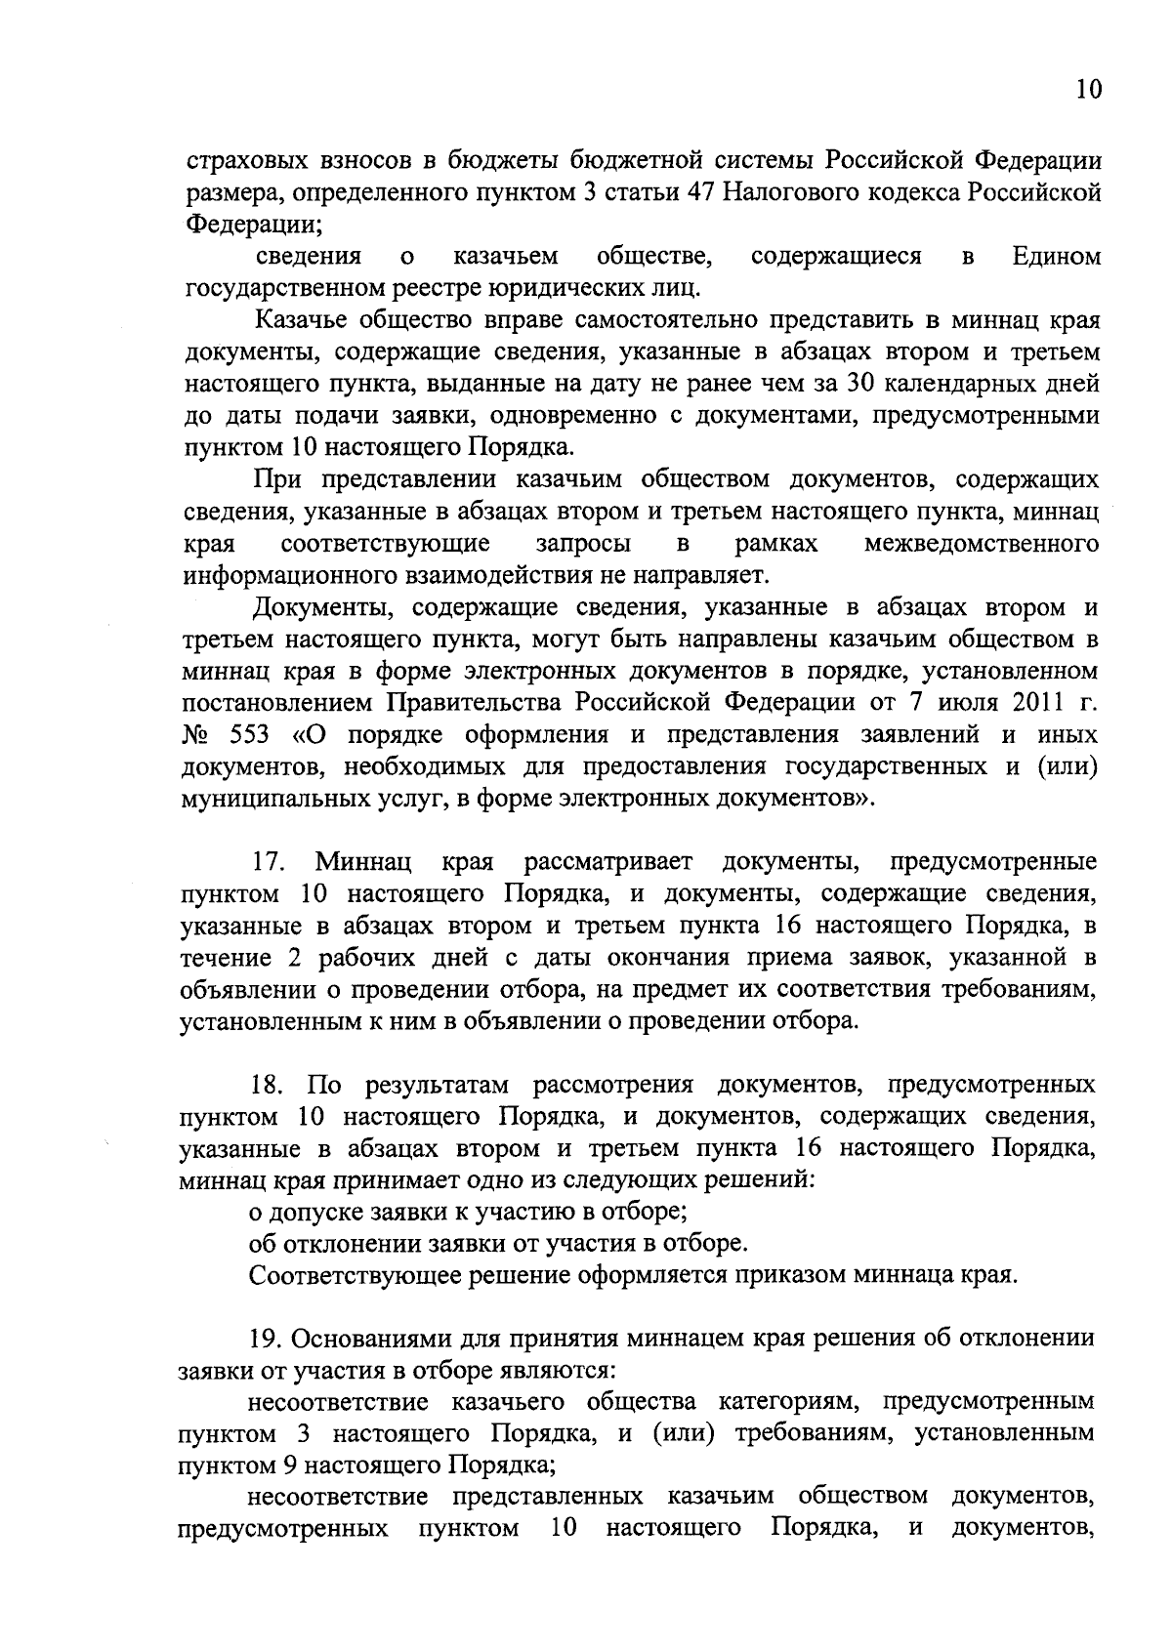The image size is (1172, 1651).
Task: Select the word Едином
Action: tap(1056, 257)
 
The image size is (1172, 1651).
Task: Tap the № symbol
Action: tap(198, 734)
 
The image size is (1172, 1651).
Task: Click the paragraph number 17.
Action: tap(268, 862)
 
